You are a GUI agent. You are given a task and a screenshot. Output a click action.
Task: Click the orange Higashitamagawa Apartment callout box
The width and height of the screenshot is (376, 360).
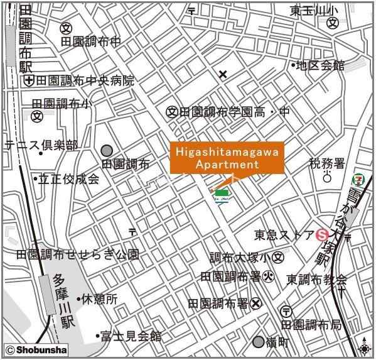pos(227,158)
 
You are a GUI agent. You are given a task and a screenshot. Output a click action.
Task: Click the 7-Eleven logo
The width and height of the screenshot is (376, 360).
pos(357,179)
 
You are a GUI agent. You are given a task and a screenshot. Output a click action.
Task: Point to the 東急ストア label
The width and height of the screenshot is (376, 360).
pos(284,236)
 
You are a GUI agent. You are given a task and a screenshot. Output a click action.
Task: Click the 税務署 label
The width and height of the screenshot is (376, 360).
pos(327,163)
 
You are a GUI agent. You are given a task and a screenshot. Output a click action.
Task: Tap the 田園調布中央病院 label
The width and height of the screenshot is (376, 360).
pos(85,80)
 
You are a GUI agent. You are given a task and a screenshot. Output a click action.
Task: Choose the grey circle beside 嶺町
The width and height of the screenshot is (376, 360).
pos(259,342)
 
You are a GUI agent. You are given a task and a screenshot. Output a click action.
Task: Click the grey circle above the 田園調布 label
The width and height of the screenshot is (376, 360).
pos(107,150)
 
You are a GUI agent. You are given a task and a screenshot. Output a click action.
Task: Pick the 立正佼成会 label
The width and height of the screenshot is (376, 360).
pos(69,179)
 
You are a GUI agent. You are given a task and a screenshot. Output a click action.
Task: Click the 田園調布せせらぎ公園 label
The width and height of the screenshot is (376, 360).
pos(77,254)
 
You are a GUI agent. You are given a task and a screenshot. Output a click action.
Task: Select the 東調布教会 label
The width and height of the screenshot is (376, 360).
pos(317,279)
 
